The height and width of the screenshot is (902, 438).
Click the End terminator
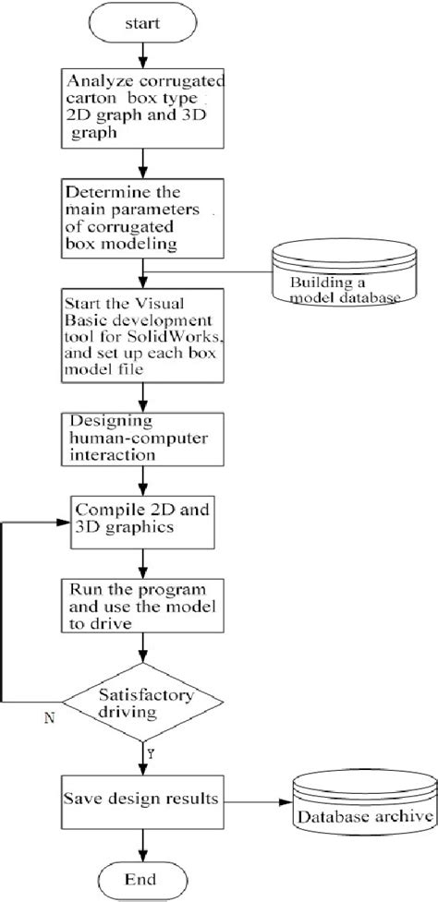142,876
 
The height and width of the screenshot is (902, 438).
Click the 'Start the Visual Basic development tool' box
142,332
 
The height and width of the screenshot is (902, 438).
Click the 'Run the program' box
142,606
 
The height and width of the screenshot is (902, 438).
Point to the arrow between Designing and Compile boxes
142,483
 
